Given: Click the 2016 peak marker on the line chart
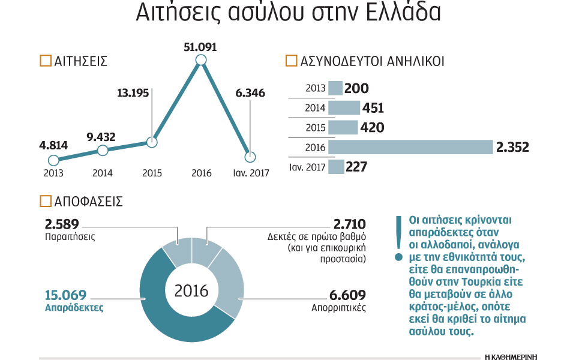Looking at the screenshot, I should pyautogui.click(x=201, y=60).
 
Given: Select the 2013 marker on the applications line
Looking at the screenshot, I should pyautogui.click(x=53, y=160).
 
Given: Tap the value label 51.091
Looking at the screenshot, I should pyautogui.click(x=200, y=46).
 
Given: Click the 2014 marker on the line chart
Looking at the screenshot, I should pyautogui.click(x=103, y=150).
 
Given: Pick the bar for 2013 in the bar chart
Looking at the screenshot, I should pyautogui.click(x=335, y=88).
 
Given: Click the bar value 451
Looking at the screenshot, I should pyautogui.click(x=373, y=108).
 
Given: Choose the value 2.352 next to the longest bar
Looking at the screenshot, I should pyautogui.click(x=512, y=147).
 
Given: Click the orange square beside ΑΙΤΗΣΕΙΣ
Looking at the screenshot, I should pyautogui.click(x=44, y=61).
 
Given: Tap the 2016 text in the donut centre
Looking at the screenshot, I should pyautogui.click(x=191, y=291).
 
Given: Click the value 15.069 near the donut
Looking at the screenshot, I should pyautogui.click(x=65, y=295).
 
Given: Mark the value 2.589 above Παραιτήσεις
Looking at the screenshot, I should pyautogui.click(x=62, y=224).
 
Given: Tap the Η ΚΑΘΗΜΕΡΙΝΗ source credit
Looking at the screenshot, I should pyautogui.click(x=511, y=356).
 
